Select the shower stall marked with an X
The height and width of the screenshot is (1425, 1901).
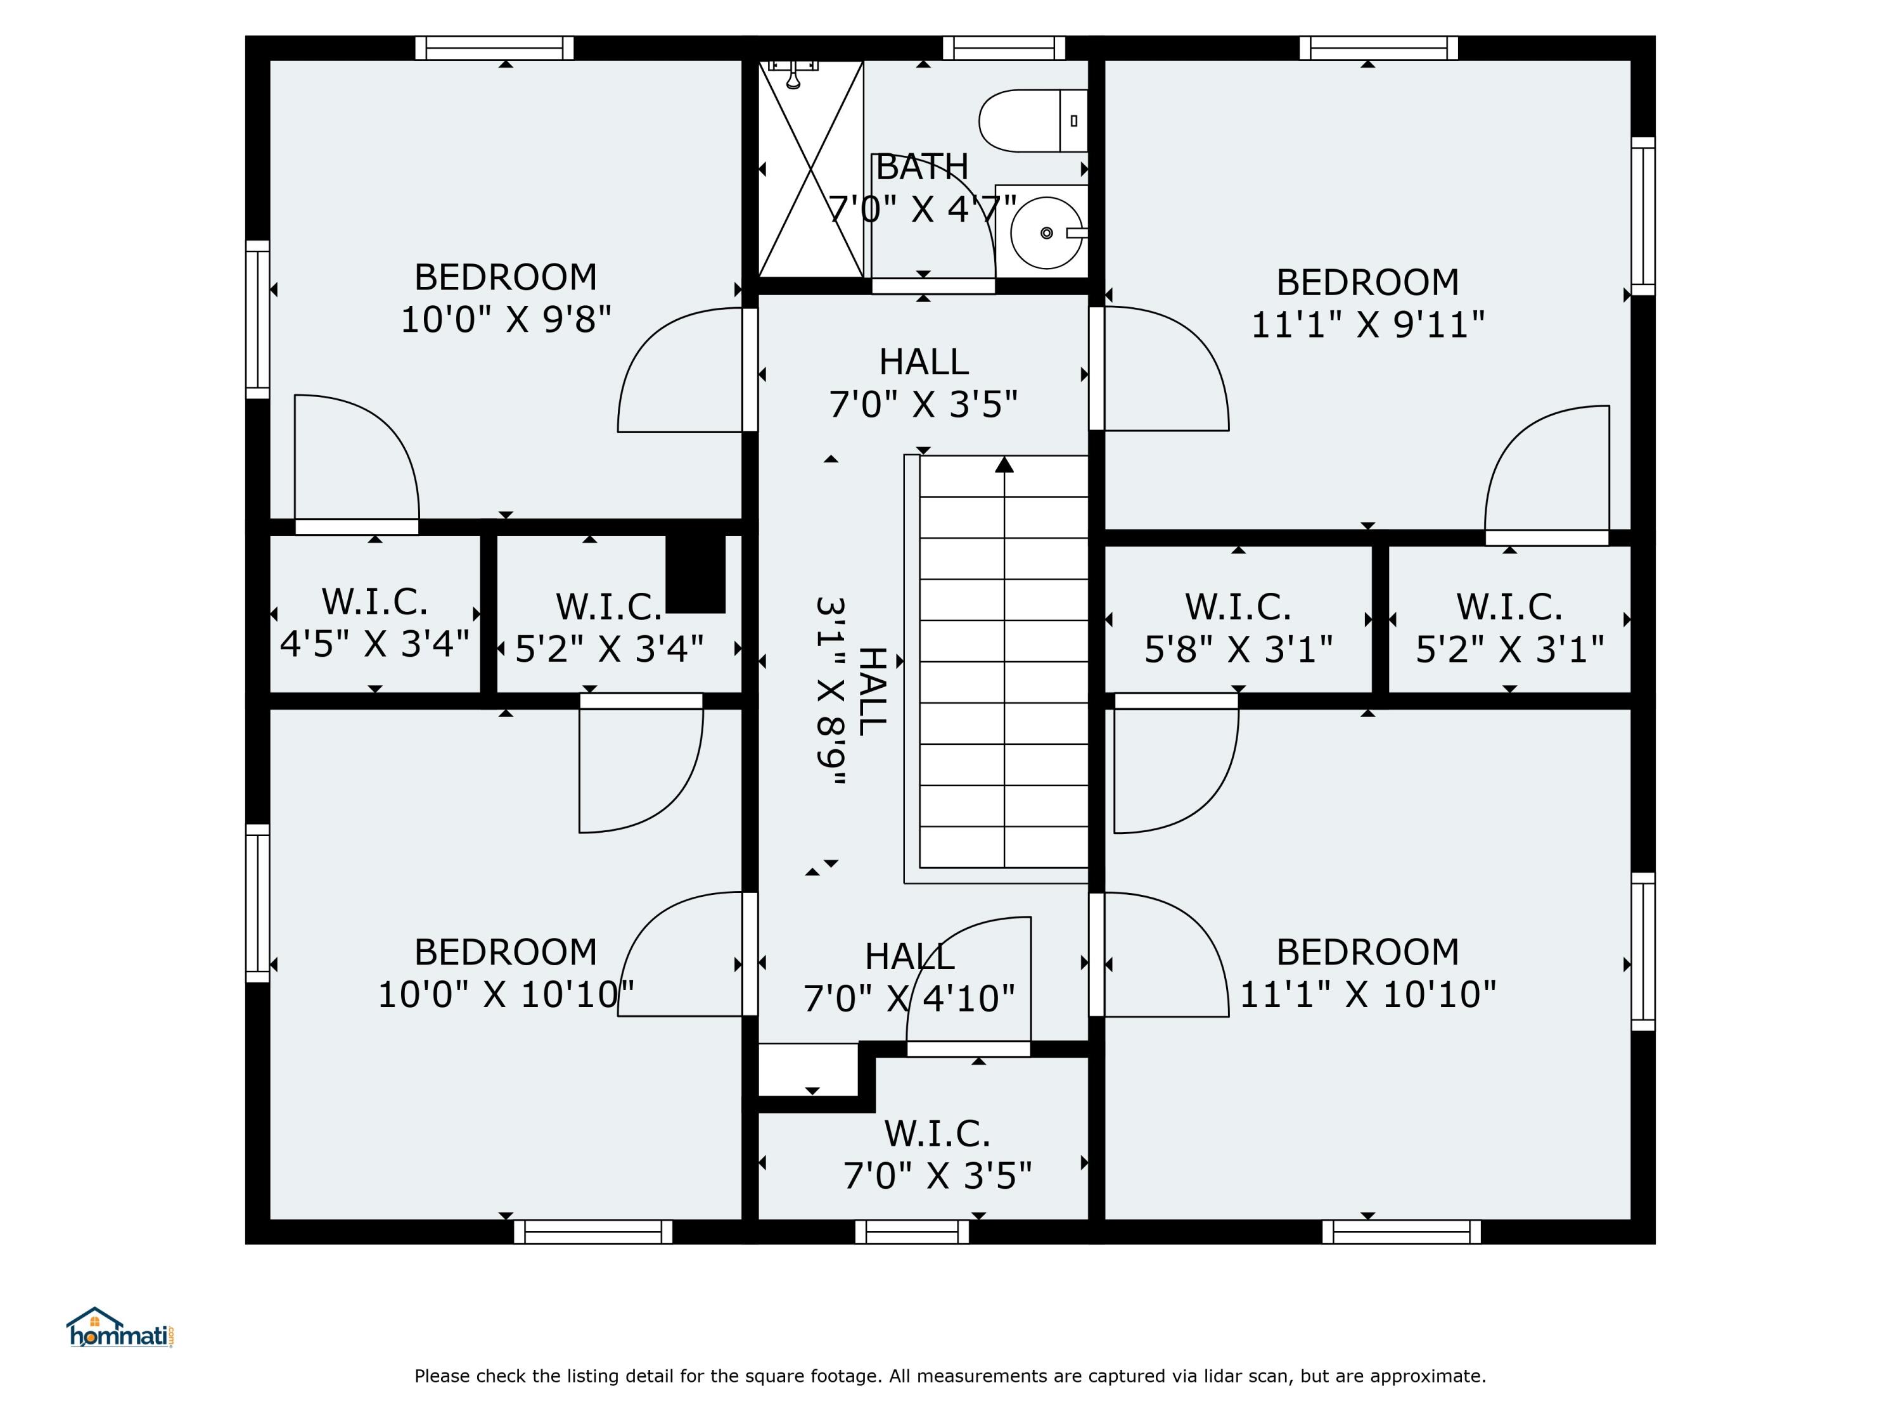click(810, 168)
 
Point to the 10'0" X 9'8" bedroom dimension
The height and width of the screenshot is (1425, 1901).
click(506, 320)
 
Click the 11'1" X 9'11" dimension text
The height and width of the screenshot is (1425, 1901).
click(1367, 325)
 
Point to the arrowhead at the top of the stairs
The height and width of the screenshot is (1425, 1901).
click(1004, 465)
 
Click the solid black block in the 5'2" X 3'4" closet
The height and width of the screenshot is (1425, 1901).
click(696, 574)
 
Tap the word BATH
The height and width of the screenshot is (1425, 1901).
click(922, 167)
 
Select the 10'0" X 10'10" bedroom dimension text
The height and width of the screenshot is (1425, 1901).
click(506, 995)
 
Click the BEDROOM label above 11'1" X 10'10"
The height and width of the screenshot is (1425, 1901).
click(1367, 952)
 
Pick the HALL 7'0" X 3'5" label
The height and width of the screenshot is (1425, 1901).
click(924, 383)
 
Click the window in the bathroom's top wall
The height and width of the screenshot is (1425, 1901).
click(1004, 48)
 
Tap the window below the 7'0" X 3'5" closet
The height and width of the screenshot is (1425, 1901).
click(912, 1232)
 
